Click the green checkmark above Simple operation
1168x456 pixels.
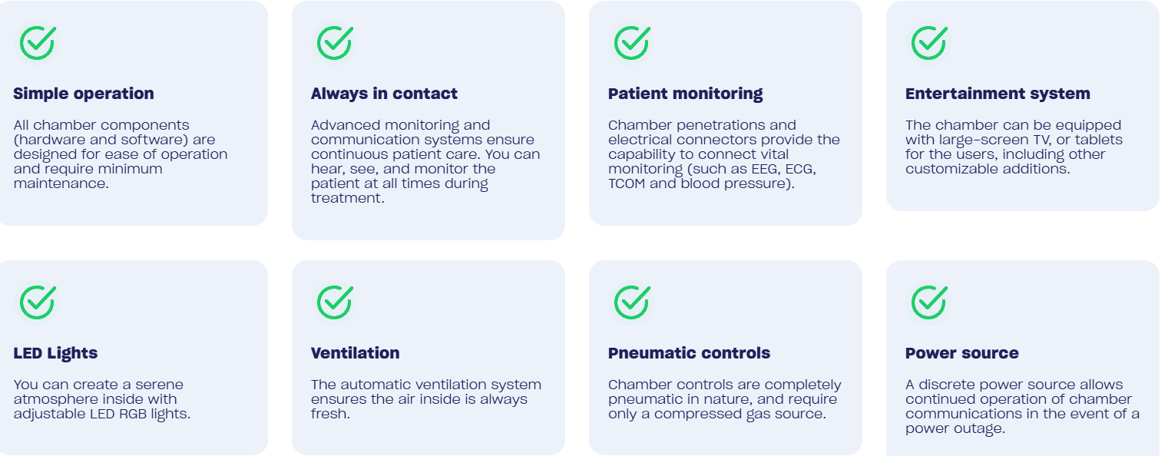[38, 43]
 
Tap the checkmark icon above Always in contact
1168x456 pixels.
[335, 43]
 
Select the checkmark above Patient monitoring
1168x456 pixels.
[632, 43]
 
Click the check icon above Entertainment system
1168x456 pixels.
[929, 43]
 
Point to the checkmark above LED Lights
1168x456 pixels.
[38, 302]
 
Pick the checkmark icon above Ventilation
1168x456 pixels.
[335, 302]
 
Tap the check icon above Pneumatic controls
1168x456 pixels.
[632, 302]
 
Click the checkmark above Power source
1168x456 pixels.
[929, 302]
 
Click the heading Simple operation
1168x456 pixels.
[84, 94]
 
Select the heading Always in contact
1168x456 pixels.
[384, 94]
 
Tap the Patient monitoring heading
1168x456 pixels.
[685, 94]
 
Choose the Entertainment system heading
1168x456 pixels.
[998, 94]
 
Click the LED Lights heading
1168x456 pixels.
[56, 353]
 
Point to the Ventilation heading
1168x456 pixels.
[355, 353]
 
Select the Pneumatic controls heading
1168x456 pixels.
[689, 353]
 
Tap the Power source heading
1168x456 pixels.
[962, 353]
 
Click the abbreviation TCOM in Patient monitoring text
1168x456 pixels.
[627, 183]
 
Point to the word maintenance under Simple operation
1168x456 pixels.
[61, 183]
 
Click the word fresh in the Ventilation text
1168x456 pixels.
[330, 414]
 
